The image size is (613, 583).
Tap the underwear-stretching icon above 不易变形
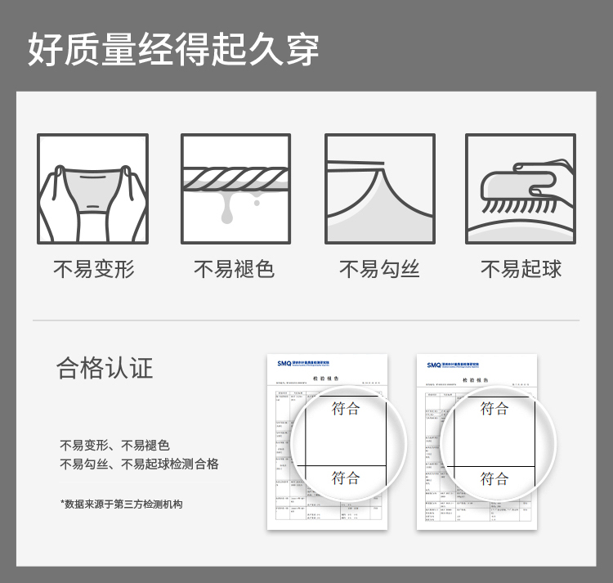92,189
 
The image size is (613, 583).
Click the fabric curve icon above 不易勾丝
379,189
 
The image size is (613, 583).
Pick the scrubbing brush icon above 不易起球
521,189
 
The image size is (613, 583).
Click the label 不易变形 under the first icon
92,269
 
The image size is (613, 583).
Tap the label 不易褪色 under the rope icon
234,269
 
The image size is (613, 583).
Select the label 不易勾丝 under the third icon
379,269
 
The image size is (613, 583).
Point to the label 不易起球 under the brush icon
521,269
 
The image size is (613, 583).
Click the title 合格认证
105,368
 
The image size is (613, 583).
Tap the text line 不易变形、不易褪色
114,446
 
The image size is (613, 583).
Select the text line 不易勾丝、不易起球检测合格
139,464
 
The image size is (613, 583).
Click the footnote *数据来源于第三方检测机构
121,504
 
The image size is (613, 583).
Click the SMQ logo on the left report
285,365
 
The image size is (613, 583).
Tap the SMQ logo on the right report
435,365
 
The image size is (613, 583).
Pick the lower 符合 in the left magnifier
346,478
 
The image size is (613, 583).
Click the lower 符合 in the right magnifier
494,478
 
